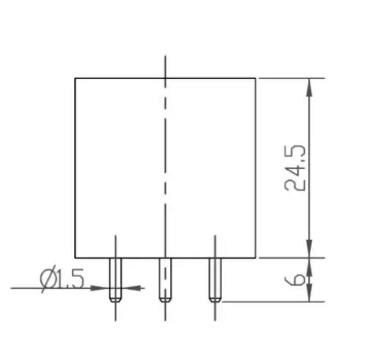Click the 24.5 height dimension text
pos(296,167)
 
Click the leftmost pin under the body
pos(115,279)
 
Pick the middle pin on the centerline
pos(164,279)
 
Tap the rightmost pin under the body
pos(213,279)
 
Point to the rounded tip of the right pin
pos(213,298)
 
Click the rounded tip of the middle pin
pos(164,298)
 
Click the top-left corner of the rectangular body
pos(75,78)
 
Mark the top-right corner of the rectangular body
pos(255,78)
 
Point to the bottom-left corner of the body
pos(75,257)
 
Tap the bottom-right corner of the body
pos(255,257)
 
